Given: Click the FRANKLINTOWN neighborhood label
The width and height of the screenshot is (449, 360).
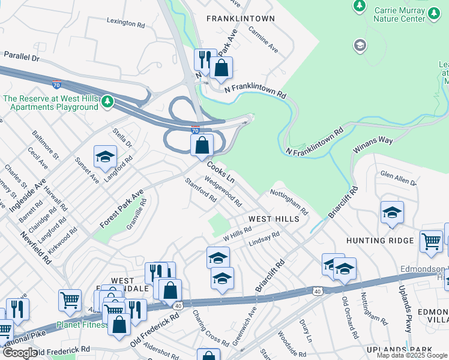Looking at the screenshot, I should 240,19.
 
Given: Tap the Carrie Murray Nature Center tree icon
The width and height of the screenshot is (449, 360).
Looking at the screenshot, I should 360,6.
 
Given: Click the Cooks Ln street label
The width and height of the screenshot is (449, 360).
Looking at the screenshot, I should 221,171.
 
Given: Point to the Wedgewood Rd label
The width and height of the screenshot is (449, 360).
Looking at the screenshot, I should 223,191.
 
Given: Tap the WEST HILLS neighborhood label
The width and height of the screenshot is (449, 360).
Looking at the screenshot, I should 274,219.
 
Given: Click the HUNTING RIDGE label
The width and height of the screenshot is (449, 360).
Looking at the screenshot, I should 380,241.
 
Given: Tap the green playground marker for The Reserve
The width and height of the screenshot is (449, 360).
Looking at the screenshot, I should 106,101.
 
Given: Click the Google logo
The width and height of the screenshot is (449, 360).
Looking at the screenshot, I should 20,353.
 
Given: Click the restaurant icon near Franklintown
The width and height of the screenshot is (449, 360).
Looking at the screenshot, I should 205,59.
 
